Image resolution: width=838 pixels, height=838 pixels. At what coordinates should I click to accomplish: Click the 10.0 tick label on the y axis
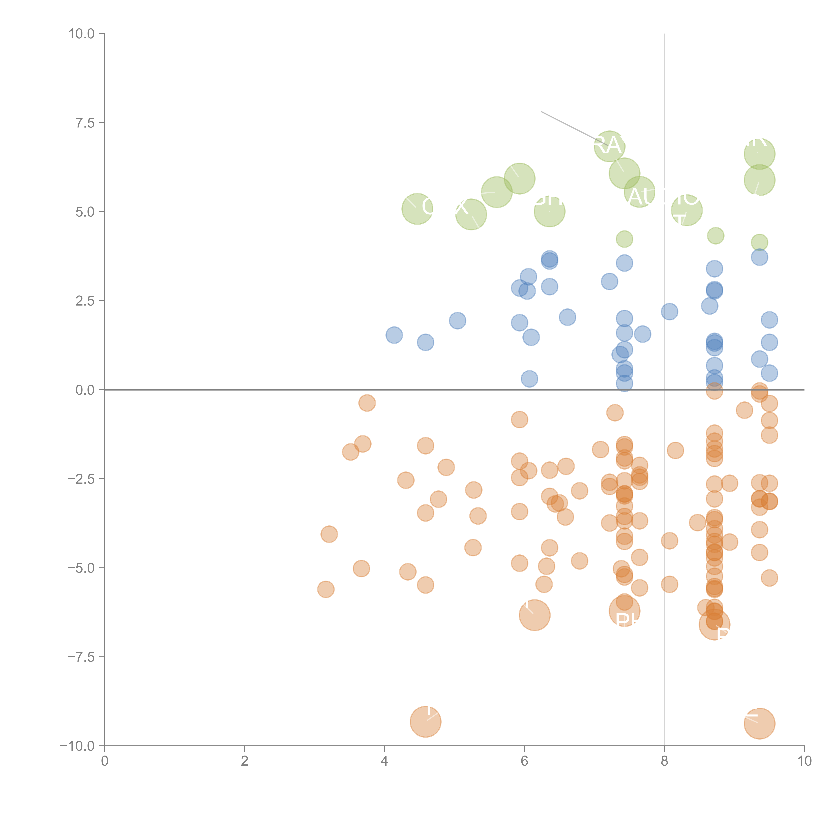tap(81, 34)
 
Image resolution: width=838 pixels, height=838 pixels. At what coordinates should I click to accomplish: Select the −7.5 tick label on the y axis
tap(81, 657)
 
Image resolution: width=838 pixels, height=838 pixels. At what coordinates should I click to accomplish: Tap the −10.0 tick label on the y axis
tap(77, 746)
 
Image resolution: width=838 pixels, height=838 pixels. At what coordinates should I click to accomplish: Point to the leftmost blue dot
tap(394, 335)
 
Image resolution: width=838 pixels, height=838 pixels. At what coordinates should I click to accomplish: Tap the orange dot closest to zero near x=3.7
tap(367, 403)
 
